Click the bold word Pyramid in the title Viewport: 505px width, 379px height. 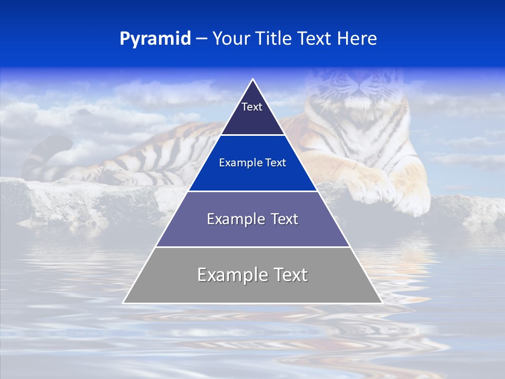click(155, 39)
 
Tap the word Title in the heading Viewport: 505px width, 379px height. click(274, 39)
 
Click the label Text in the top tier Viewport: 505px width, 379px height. click(252, 107)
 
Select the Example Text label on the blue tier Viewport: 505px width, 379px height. click(252, 163)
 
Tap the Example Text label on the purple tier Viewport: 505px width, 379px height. click(252, 219)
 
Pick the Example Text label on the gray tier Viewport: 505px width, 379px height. click(252, 275)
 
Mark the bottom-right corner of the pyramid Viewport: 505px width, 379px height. click(381, 303)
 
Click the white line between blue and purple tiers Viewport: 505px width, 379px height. click(252, 191)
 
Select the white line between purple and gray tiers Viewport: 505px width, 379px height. click(252, 247)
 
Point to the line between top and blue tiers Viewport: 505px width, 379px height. click(252, 135)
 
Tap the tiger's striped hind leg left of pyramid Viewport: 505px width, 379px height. click(158, 158)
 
